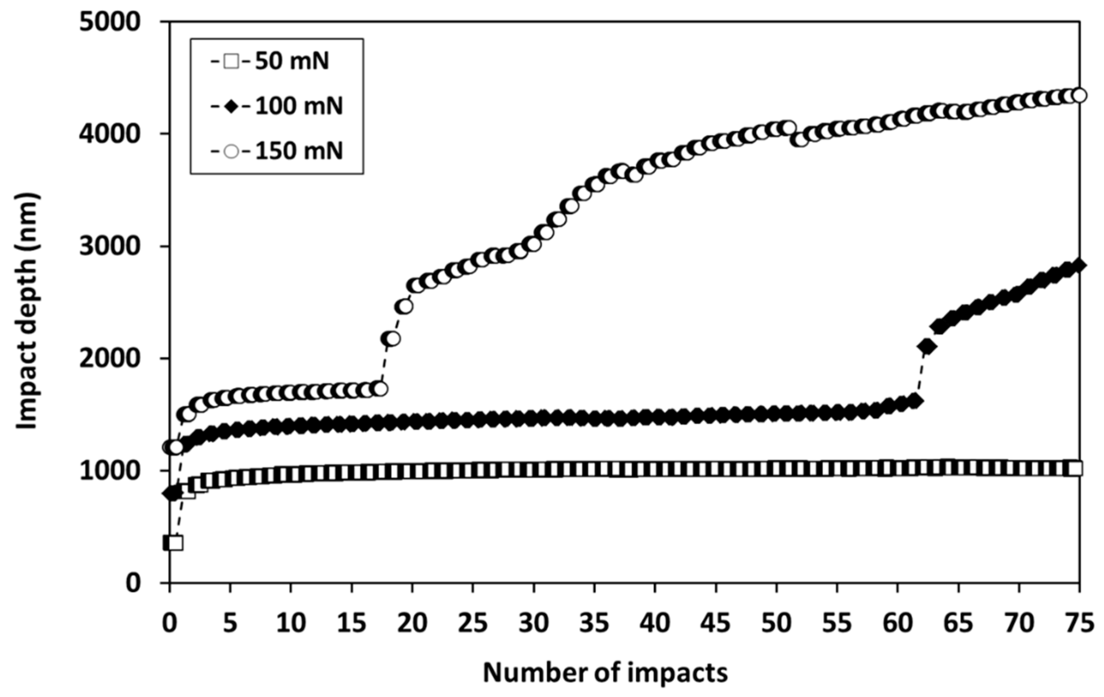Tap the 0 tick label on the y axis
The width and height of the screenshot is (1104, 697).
133,583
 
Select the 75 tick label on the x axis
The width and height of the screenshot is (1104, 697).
1078,624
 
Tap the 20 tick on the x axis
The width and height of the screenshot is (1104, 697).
412,624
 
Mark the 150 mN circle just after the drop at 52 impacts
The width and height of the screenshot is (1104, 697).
801,139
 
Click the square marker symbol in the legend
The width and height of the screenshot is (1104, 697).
232,61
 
